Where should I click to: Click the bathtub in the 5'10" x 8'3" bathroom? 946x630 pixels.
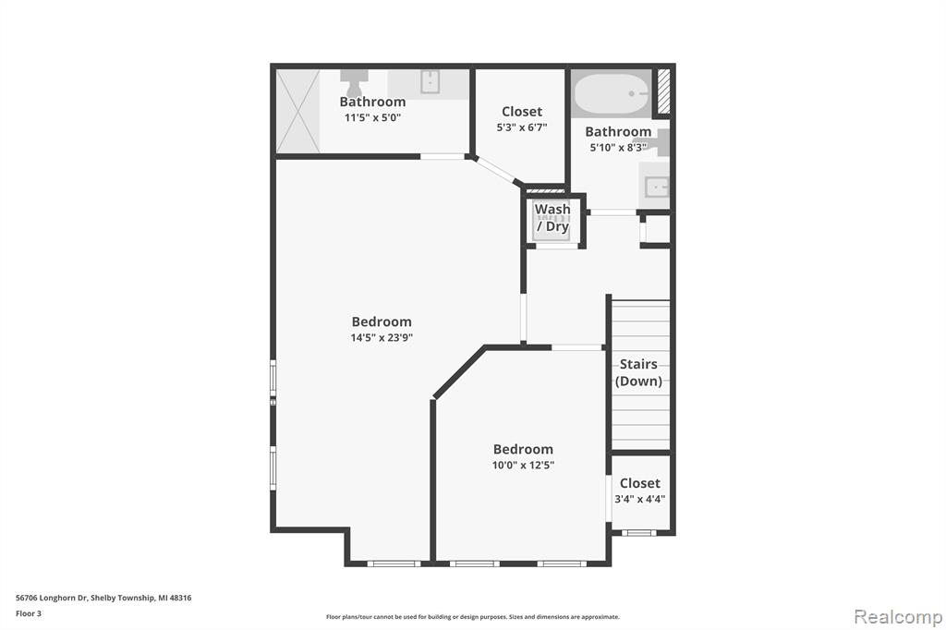611,93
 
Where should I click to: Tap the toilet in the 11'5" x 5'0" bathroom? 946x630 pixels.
354,82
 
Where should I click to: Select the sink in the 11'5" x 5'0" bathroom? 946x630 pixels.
430,81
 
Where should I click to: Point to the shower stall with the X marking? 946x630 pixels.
298,111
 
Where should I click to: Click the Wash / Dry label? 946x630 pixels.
552,218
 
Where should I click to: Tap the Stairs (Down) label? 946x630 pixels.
638,372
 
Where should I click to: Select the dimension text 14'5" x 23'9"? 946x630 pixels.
382,338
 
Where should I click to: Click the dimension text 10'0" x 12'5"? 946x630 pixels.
523,466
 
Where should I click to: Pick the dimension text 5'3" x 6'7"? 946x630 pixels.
522,127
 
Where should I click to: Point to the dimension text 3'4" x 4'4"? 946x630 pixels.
640,499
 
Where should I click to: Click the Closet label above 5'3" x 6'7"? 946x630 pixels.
522,112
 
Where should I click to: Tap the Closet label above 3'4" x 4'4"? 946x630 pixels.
640,483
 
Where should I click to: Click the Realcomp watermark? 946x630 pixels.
898,617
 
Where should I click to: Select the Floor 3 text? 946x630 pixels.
29,613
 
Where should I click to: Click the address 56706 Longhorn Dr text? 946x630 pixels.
52,598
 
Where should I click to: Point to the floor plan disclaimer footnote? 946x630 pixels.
473,617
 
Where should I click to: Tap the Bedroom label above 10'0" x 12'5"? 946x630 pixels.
523,450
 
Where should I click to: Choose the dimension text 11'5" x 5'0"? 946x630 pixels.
373,117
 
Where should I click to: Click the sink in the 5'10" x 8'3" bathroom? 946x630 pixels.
656,188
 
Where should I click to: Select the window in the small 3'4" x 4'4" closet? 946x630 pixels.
639,533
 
